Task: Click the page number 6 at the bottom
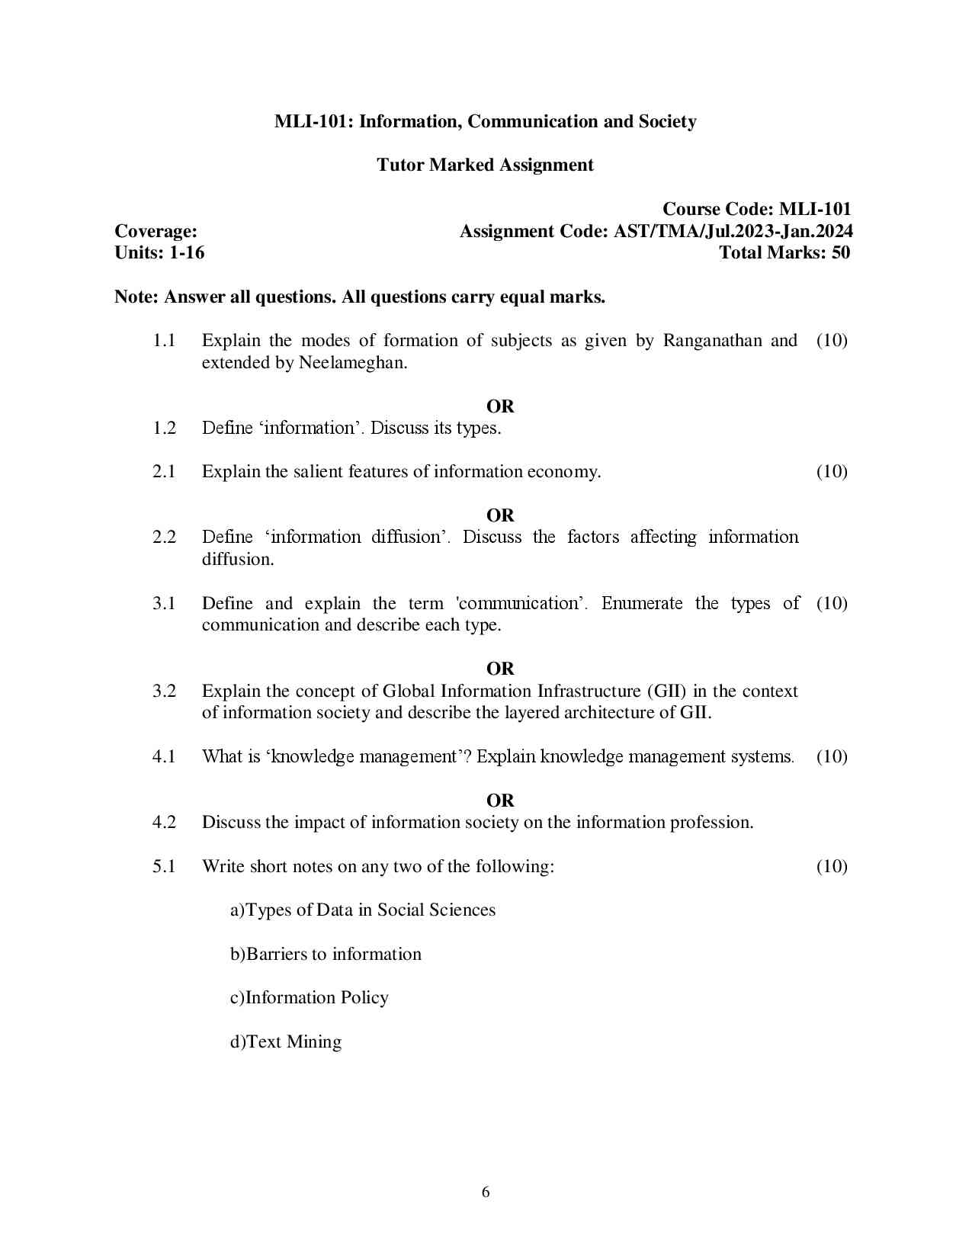[x=486, y=1192]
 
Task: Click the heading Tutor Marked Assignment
[x=485, y=165]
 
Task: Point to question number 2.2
[x=164, y=537]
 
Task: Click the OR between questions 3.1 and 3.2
[x=500, y=669]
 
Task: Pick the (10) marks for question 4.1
[x=832, y=756]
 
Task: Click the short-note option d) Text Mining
[x=286, y=1041]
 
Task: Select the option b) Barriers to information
[x=326, y=954]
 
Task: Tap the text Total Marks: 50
[x=784, y=252]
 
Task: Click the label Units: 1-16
[x=159, y=252]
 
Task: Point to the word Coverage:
[x=156, y=231]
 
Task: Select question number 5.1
[x=164, y=866]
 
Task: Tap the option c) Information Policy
[x=310, y=997]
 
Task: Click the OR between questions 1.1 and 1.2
[x=500, y=406]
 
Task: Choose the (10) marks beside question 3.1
[x=832, y=603]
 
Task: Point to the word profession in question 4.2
[x=711, y=822]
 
